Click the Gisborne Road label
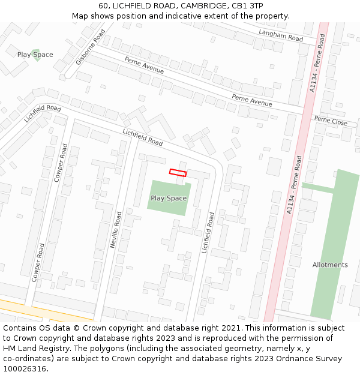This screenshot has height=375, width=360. (x=91, y=47)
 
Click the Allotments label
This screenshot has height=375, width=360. (x=329, y=265)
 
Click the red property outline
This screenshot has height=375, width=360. (x=178, y=173)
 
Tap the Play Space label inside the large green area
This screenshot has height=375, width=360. (x=168, y=198)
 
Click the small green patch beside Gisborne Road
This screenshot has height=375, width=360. (x=35, y=55)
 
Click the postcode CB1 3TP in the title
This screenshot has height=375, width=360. (x=247, y=6)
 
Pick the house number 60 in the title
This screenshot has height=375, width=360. (x=103, y=6)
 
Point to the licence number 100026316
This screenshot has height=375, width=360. (x=25, y=369)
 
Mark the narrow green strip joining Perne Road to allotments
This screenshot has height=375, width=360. (x=318, y=188)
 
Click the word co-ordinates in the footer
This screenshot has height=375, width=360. (x=26, y=359)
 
